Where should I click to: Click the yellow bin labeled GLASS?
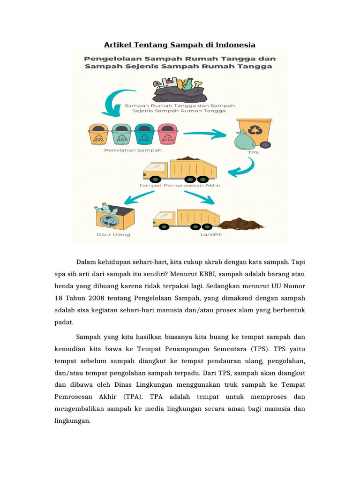tap(98, 134)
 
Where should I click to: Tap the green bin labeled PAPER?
tap(121, 134)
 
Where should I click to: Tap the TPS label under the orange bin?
tap(253, 152)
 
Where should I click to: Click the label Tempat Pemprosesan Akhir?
tap(180, 185)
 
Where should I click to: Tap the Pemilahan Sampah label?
tap(133, 150)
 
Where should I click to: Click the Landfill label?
tap(211, 234)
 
